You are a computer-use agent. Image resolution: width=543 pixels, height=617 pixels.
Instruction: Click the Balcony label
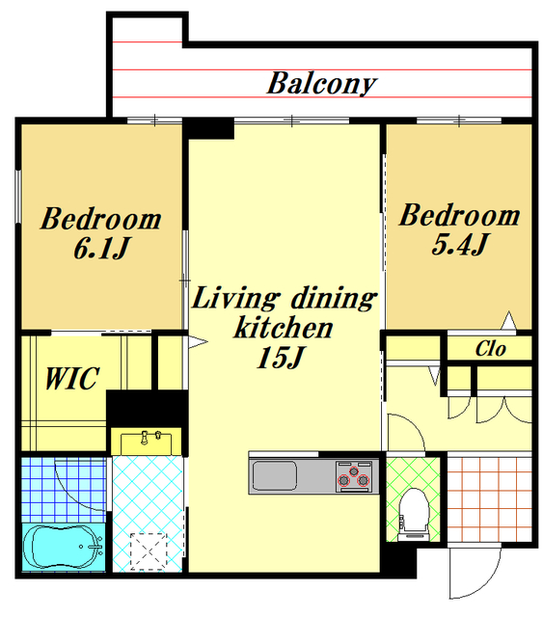(x=322, y=84)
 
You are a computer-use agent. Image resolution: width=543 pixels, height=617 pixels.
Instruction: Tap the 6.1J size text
(x=101, y=249)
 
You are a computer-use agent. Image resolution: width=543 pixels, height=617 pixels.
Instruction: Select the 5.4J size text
(x=459, y=244)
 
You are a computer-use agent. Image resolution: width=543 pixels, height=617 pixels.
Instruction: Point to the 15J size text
(x=280, y=358)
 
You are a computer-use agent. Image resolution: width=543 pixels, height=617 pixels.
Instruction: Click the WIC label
(x=72, y=379)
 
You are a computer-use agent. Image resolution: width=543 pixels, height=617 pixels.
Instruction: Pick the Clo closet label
(x=490, y=349)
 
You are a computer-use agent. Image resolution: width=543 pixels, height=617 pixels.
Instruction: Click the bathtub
(x=64, y=547)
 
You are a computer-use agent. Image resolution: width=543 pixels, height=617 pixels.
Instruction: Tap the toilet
(x=413, y=514)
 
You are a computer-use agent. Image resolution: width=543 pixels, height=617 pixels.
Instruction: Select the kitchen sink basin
(x=275, y=475)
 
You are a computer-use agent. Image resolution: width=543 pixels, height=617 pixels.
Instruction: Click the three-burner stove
(x=354, y=476)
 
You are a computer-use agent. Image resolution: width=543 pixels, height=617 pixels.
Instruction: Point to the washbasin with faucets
(x=146, y=442)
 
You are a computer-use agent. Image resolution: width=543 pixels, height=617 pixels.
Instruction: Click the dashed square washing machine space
(x=149, y=550)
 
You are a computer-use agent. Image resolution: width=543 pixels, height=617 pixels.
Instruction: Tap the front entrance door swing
(x=475, y=572)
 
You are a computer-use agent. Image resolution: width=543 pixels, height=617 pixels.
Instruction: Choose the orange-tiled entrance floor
(x=489, y=499)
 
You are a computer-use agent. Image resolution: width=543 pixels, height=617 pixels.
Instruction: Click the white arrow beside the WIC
(x=198, y=341)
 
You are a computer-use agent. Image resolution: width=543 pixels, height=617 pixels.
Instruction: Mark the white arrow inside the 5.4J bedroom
(x=508, y=320)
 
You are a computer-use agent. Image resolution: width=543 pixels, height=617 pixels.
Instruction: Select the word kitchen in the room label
(x=284, y=328)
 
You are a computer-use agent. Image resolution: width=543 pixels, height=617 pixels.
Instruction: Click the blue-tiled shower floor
(x=64, y=490)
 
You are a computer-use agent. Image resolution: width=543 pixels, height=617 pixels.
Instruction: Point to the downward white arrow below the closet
(x=434, y=376)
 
